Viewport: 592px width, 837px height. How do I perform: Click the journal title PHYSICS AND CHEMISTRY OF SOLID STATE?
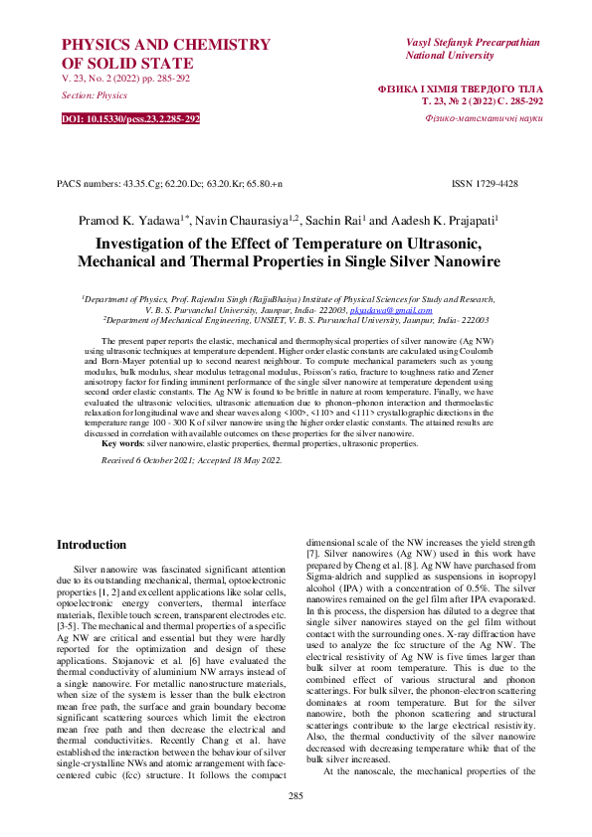(165, 54)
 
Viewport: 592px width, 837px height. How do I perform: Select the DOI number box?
(130, 118)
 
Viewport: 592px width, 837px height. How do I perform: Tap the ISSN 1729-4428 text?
(485, 184)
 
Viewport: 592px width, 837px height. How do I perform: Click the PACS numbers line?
(170, 184)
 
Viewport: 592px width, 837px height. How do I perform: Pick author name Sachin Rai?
(334, 219)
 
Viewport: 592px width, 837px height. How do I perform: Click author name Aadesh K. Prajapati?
(444, 219)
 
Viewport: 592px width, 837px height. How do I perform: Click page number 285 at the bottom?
(296, 796)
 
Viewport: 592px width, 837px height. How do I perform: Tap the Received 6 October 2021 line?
(192, 460)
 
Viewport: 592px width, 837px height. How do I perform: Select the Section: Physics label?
(95, 95)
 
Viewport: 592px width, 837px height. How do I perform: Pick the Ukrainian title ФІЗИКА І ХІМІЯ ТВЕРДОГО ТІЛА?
(461, 88)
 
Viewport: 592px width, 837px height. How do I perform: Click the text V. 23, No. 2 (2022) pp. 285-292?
(125, 78)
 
